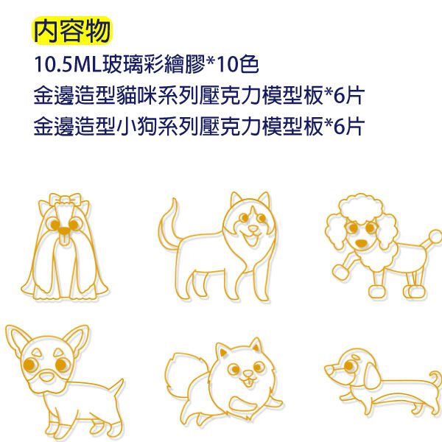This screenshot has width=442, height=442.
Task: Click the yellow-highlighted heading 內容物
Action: pyautogui.click(x=72, y=30)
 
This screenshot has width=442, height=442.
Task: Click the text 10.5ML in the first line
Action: pyautogui.click(x=68, y=65)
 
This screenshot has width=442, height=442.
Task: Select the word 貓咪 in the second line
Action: pyautogui.click(x=136, y=95)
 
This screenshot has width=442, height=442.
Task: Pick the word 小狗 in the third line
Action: pyautogui.click(x=136, y=126)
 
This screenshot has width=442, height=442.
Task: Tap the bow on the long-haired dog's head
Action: pyautogui.click(x=64, y=200)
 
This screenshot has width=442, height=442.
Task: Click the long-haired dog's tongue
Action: pyautogui.click(x=63, y=240)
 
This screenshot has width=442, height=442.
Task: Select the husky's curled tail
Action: pyautogui.click(x=167, y=225)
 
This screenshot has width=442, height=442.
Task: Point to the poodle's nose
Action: pyautogui.click(x=361, y=242)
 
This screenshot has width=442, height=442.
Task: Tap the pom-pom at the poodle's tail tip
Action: pyautogui.click(x=435, y=237)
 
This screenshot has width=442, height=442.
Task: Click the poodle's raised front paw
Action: pyautogui.click(x=340, y=272)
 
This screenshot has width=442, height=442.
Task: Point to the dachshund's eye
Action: pyautogui.click(x=349, y=365)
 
